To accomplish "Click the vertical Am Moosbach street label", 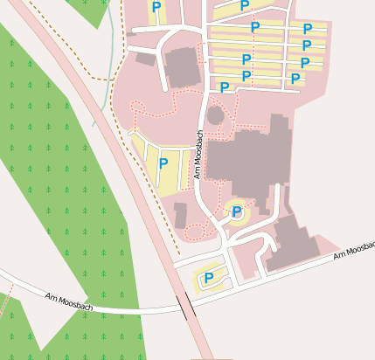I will pyautogui.click(x=199, y=154).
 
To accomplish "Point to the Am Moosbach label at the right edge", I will pyautogui.click(x=353, y=252).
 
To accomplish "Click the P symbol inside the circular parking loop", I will pyautogui.click(x=237, y=211).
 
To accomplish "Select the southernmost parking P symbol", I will pyautogui.click(x=209, y=278).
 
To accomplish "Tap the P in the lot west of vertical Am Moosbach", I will pyautogui.click(x=163, y=163).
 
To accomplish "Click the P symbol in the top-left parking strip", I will pyautogui.click(x=156, y=7).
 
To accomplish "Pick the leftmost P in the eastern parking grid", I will pyautogui.click(x=225, y=87).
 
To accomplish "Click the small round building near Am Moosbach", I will pyautogui.click(x=215, y=114).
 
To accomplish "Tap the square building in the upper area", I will pyautogui.click(x=183, y=67).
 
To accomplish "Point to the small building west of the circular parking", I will pyautogui.click(x=181, y=215).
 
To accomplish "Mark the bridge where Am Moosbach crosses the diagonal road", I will pyautogui.click(x=185, y=306).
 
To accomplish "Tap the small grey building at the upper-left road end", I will pyautogui.click(x=145, y=59).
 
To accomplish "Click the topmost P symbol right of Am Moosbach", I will pyautogui.click(x=244, y=6).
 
